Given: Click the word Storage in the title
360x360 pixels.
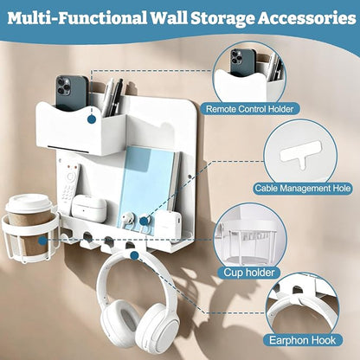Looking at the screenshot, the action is coord(222,18).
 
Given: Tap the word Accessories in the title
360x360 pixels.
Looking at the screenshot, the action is coord(307,18).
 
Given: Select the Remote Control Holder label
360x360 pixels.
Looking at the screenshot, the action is coord(249,109).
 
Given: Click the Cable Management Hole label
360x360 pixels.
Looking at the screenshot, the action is coord(303,189).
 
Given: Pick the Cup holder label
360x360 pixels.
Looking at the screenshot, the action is coord(249,272).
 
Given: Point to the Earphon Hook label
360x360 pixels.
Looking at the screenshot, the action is coord(302,340).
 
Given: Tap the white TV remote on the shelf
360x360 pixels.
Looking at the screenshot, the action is coord(69,184).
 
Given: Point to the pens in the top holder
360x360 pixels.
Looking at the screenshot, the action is coord(113,97).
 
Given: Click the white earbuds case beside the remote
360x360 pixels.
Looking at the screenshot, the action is coord(88,207).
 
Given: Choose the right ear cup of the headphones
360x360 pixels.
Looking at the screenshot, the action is coord(157,324).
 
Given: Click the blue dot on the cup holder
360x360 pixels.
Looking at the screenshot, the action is coord(42,241).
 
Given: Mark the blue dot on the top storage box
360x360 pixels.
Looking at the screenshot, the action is coord(92,119).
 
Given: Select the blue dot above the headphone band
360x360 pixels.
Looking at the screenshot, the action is coord(134,255).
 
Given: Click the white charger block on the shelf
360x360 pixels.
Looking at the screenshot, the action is coord(169,224).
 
